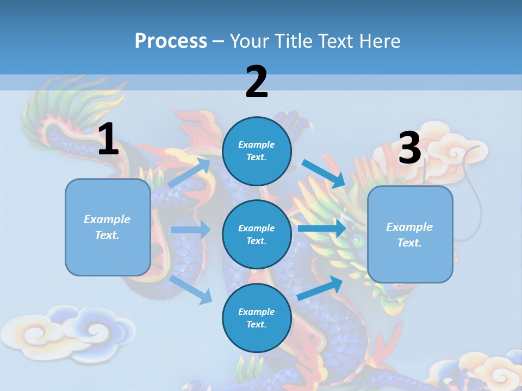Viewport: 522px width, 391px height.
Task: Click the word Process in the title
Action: tap(171, 41)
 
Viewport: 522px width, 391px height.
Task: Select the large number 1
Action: tap(108, 139)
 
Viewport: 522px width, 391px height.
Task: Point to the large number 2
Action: tap(257, 81)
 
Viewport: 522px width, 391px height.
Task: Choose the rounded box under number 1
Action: tap(108, 227)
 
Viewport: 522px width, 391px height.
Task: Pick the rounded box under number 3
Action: tap(410, 234)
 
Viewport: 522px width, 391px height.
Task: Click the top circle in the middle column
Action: tap(257, 151)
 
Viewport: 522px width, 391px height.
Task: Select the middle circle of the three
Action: tap(257, 234)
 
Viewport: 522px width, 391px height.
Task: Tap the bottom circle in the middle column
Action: tap(257, 318)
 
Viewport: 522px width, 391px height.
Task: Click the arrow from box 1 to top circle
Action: tap(189, 172)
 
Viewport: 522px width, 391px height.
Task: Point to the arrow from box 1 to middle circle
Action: tap(190, 230)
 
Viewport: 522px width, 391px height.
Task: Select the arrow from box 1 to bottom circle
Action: tap(191, 289)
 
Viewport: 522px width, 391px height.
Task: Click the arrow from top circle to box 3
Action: tap(324, 173)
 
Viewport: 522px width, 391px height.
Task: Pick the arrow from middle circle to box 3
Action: tap(322, 228)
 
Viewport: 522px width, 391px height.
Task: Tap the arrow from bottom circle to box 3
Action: tap(320, 288)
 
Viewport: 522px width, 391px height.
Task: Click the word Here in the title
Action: tap(381, 41)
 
